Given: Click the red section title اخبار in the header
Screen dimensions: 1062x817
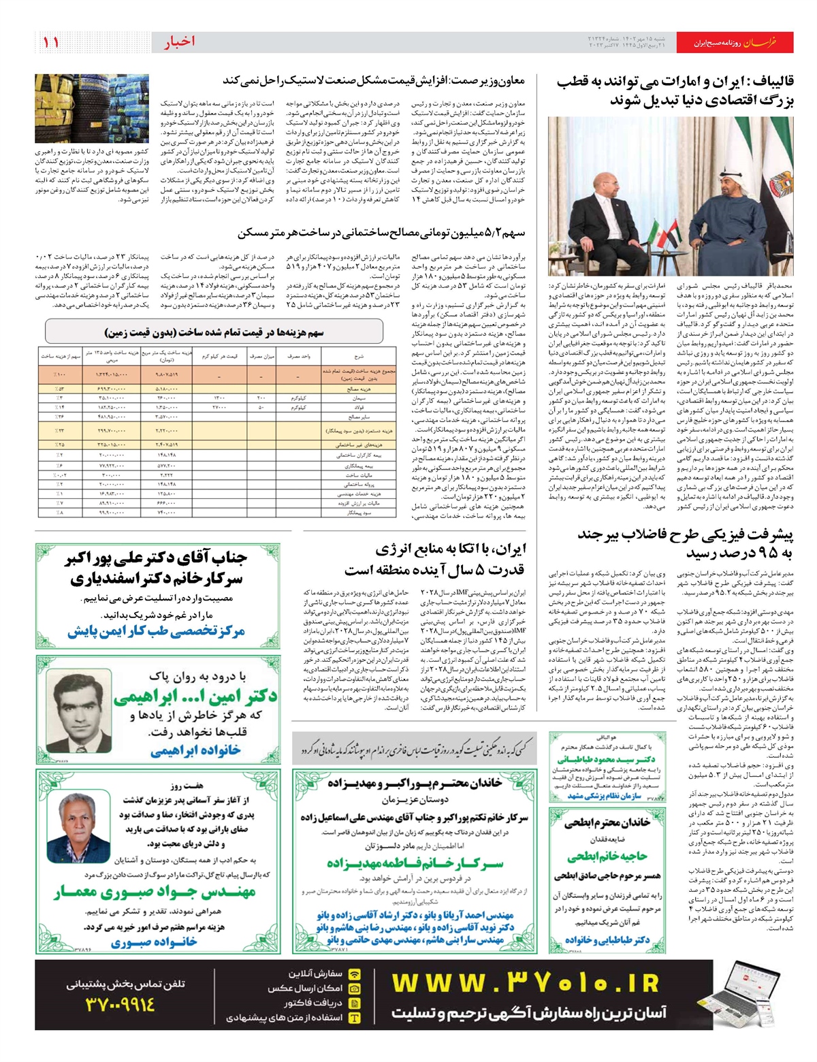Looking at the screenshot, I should pyautogui.click(x=179, y=42).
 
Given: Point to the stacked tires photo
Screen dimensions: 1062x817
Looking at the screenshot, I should pyautogui.click(x=91, y=109).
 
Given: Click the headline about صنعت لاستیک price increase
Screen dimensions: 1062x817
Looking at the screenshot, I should pyautogui.click(x=374, y=80).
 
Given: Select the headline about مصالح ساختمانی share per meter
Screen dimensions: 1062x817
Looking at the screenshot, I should pyautogui.click(x=381, y=234).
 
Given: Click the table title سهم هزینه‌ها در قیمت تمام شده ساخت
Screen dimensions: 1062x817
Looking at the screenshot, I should pyautogui.click(x=214, y=333).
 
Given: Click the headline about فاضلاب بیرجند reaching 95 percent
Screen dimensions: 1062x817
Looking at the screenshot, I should pyautogui.click(x=686, y=543).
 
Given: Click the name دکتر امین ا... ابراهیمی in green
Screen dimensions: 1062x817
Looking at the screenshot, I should pyautogui.click(x=195, y=696).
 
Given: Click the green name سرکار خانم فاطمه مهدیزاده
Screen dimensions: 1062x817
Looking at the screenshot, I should pyautogui.click(x=415, y=863).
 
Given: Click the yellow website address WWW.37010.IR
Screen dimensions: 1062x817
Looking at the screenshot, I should pyautogui.click(x=525, y=984).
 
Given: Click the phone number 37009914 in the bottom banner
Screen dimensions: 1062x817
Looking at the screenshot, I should pyautogui.click(x=121, y=1004).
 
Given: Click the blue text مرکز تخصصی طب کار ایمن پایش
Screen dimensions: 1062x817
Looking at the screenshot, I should pyautogui.click(x=156, y=632).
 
